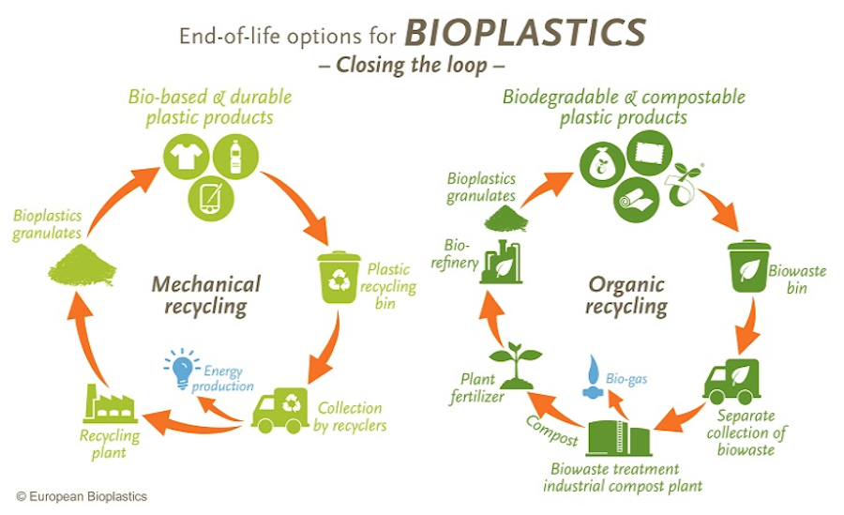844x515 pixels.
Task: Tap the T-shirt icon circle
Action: [187, 157]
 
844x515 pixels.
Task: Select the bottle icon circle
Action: [235, 157]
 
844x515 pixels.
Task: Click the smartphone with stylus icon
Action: [211, 198]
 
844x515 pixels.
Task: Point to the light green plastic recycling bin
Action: [339, 277]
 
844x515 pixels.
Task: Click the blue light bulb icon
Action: [181, 369]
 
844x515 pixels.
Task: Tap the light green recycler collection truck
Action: [279, 411]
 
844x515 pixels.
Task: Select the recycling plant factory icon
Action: [110, 403]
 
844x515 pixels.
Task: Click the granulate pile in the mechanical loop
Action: [82, 265]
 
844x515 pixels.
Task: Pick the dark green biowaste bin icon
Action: [749, 266]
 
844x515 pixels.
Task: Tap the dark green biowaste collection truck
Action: [731, 382]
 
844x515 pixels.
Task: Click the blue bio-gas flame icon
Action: [593, 376]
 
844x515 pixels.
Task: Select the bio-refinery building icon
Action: [501, 262]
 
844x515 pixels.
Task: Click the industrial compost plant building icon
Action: [619, 438]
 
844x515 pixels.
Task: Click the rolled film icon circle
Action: [637, 199]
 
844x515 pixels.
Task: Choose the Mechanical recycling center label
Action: [206, 295]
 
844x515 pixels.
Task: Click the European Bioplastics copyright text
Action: [82, 496]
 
